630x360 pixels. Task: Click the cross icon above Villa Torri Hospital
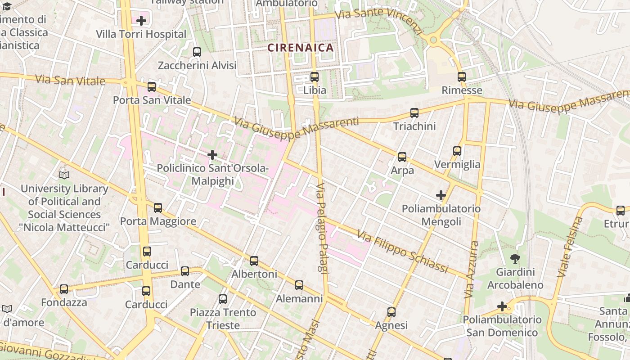click(x=141, y=20)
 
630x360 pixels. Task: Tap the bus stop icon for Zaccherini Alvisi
click(x=197, y=52)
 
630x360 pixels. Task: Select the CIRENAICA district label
click(x=301, y=48)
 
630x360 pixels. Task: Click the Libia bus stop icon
click(x=315, y=77)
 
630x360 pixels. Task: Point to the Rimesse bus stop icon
click(x=461, y=77)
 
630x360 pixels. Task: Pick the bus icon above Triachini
click(x=414, y=113)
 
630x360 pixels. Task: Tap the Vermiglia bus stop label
click(x=457, y=164)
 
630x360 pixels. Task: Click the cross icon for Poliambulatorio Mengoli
click(x=441, y=195)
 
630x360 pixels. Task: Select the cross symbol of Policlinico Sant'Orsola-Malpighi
click(x=212, y=155)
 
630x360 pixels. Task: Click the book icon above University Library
click(x=64, y=175)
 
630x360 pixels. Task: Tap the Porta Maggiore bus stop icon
click(x=157, y=208)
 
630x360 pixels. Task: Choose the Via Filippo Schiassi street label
click(x=403, y=252)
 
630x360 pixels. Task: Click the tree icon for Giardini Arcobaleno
click(x=515, y=259)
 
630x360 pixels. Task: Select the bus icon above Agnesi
click(x=391, y=312)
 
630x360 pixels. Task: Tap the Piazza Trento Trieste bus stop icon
click(x=222, y=299)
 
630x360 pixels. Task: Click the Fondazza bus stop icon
click(x=64, y=289)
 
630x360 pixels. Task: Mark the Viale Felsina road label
click(x=570, y=247)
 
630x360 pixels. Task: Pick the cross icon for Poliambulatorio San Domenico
click(x=502, y=307)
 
